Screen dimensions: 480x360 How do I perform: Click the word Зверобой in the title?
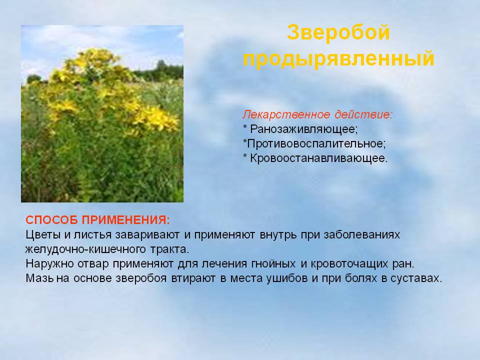[x=338, y=32]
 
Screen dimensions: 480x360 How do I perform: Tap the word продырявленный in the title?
[x=338, y=58]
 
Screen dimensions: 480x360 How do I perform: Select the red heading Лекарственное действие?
[x=317, y=114]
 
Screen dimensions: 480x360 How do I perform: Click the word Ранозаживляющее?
[x=304, y=129]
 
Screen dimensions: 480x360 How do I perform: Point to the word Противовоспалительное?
[x=316, y=143]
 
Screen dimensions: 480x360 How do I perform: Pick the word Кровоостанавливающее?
[x=318, y=158]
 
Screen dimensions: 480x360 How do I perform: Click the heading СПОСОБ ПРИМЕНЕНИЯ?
[x=97, y=220]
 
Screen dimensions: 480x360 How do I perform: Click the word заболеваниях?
[x=362, y=235]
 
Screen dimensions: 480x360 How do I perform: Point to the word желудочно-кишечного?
[x=85, y=249]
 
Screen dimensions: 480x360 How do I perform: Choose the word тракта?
[x=169, y=249]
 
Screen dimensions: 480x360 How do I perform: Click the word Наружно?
[x=49, y=264]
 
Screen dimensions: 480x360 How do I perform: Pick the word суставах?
[x=416, y=278]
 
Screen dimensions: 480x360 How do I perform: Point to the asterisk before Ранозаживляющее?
[x=245, y=126]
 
